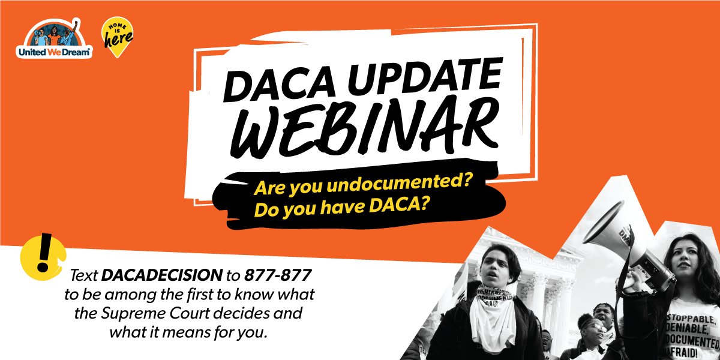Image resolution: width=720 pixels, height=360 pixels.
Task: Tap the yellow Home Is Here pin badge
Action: click(116, 37)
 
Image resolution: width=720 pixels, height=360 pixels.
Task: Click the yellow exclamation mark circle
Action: click(38, 257)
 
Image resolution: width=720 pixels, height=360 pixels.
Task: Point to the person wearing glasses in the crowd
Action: click(590, 330)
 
